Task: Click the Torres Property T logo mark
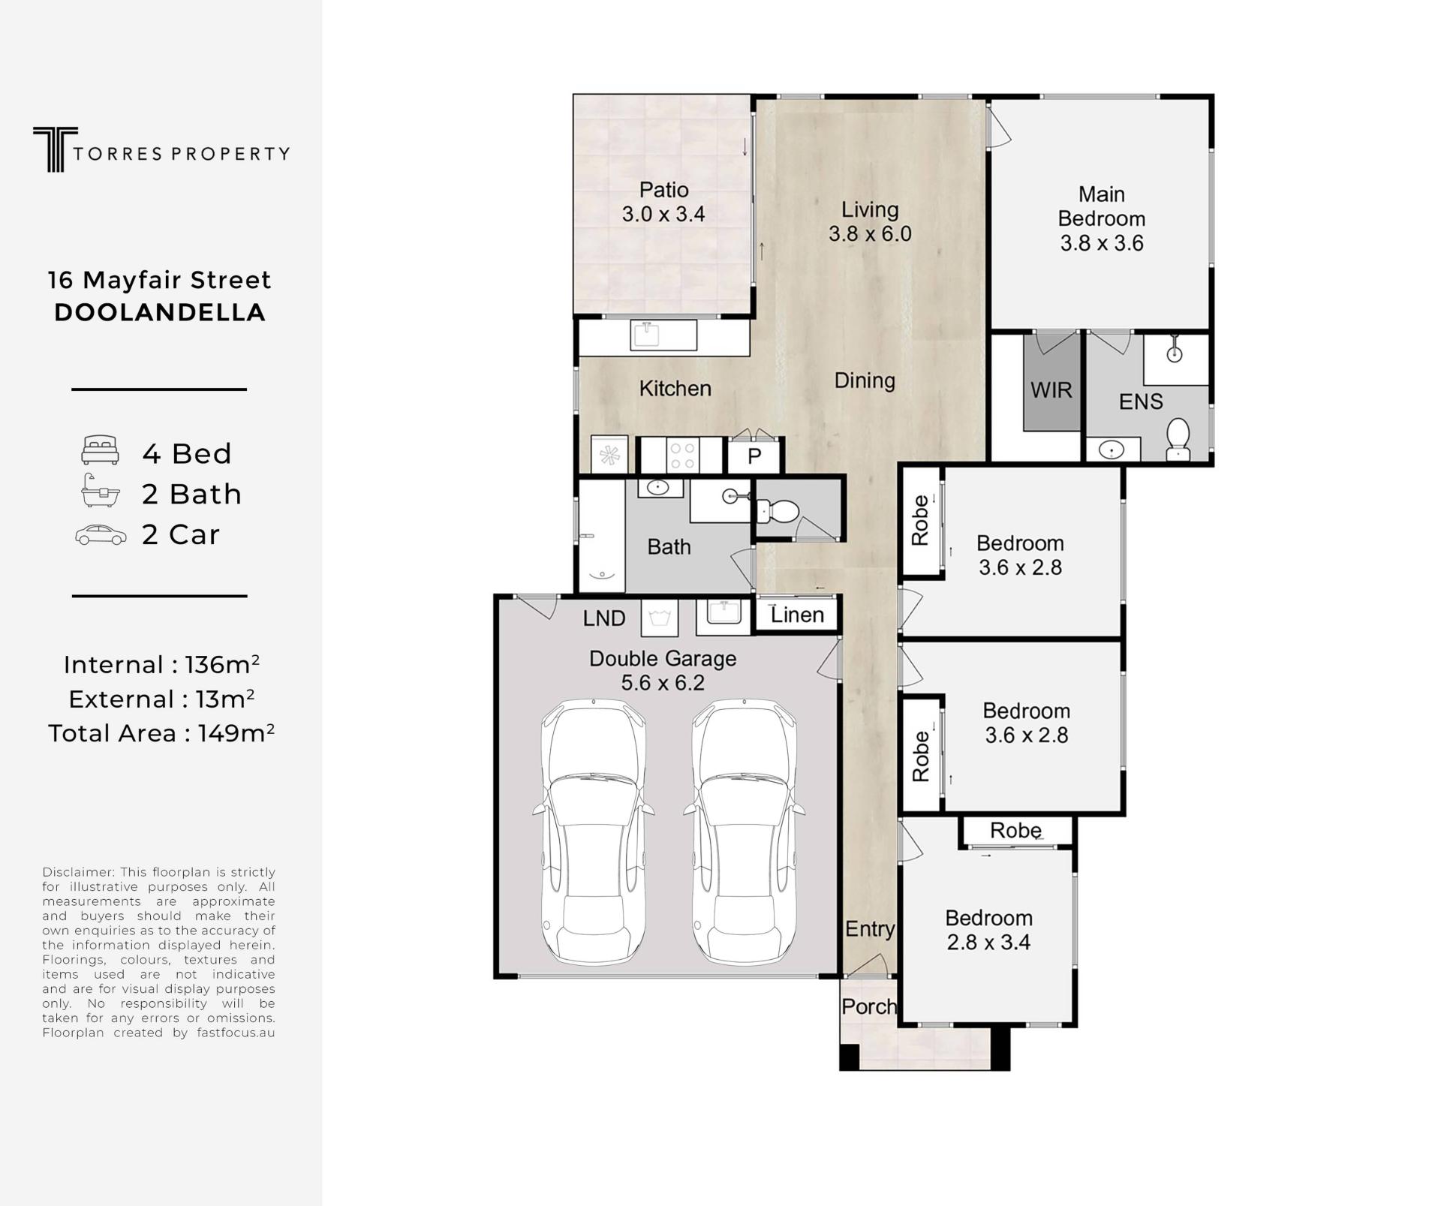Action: tap(55, 149)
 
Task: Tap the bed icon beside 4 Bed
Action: tap(100, 450)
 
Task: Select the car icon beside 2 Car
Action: tap(101, 535)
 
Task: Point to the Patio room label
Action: tap(663, 190)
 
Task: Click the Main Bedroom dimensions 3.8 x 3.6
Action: tap(1101, 243)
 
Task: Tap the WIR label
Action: tap(1051, 390)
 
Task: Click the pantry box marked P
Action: tap(754, 456)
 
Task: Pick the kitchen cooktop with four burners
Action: tap(683, 456)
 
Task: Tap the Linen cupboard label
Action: tap(797, 615)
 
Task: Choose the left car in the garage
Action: tap(594, 832)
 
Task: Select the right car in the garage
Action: tap(744, 832)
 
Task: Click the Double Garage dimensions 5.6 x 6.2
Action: tap(663, 683)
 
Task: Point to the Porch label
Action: tap(869, 1006)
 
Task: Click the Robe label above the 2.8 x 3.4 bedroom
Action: tap(1015, 830)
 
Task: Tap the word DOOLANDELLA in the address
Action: tap(160, 312)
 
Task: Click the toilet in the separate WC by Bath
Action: tap(778, 512)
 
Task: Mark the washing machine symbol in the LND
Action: tap(659, 618)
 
